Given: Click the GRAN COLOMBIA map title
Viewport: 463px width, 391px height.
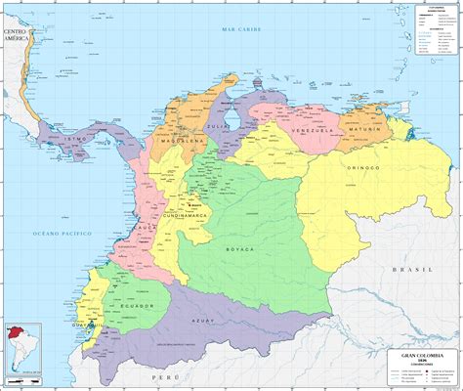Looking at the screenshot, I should tap(422, 353).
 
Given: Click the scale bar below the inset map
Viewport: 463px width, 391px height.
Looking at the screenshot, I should tap(22, 376).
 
